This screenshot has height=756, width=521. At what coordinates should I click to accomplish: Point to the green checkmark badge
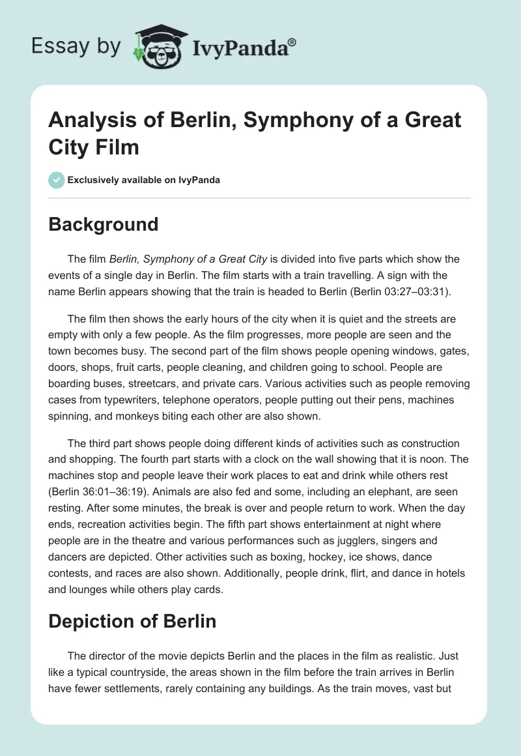pyautogui.click(x=57, y=180)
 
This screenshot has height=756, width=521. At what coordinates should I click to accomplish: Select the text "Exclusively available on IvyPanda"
pyautogui.click(x=143, y=180)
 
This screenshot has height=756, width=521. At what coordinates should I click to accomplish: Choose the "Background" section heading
pyautogui.click(x=104, y=224)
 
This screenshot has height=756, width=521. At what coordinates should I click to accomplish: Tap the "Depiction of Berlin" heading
pyautogui.click(x=132, y=620)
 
